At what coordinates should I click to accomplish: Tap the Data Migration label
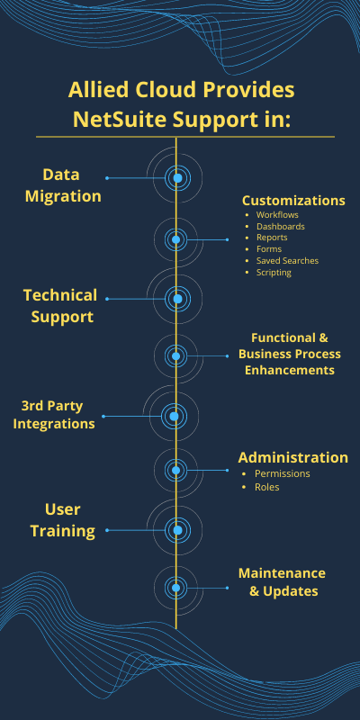[63, 185]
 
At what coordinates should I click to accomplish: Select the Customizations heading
[293, 201]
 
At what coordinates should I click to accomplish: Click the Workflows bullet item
[277, 214]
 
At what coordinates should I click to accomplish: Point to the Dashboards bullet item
[281, 226]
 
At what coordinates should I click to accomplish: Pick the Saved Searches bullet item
[287, 260]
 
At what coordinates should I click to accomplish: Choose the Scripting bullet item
[274, 273]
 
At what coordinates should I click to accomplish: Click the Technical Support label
[60, 306]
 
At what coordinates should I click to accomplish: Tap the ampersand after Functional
[323, 338]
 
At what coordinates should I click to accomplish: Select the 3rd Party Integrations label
[54, 414]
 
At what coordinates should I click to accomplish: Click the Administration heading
[293, 457]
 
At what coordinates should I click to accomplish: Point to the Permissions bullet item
[283, 473]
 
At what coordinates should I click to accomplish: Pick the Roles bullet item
[266, 487]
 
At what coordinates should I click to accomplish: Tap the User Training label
[62, 520]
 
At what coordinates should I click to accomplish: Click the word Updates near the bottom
[290, 591]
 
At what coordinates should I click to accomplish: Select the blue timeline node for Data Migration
[177, 177]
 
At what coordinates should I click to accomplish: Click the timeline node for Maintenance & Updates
[175, 588]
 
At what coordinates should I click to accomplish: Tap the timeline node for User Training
[177, 530]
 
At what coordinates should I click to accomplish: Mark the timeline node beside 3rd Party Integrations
[174, 416]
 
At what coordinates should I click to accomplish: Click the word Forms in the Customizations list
[269, 249]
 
